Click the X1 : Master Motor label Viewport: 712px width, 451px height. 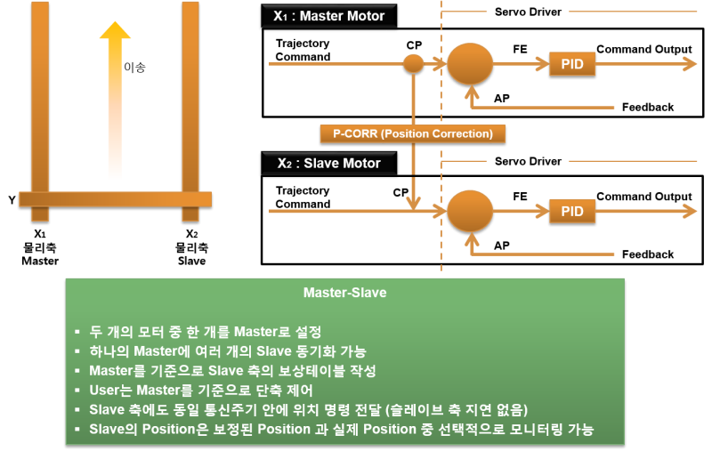[329, 16]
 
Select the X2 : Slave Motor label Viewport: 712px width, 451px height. [328, 164]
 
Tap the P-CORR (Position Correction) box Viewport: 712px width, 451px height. [412, 133]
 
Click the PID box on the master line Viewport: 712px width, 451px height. [572, 64]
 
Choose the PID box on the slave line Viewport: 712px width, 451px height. [572, 211]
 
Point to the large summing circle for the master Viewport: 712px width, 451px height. [469, 63]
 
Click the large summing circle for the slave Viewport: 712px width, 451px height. [469, 211]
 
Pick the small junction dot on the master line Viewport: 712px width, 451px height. [413, 63]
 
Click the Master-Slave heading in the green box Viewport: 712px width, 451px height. [344, 293]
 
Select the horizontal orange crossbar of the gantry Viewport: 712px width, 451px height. [115, 199]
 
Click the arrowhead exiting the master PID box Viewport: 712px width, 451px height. [690, 64]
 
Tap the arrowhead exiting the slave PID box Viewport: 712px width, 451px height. [690, 211]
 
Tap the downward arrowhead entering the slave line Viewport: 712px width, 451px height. [413, 204]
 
